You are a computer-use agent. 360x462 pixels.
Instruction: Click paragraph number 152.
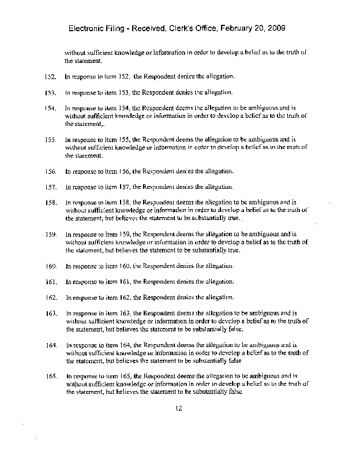[50, 76]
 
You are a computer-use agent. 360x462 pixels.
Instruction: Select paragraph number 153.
[50, 92]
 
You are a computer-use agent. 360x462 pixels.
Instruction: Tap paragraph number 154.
[50, 108]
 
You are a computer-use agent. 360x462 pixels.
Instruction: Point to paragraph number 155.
[50, 140]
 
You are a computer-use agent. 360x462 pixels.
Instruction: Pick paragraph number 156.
[50, 172]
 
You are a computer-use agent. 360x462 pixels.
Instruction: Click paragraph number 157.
[50, 187]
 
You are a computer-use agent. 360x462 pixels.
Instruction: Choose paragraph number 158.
[50, 203]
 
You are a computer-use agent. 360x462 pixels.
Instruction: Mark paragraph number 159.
[50, 234]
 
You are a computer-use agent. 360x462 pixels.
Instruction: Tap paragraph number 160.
[50, 266]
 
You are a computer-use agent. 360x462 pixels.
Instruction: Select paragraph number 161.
[50, 282]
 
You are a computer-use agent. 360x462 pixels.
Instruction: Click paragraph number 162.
[50, 298]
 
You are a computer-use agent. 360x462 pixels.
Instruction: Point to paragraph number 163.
[50, 314]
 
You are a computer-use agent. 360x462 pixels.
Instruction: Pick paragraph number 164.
[50, 345]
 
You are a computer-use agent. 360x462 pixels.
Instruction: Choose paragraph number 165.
[50, 376]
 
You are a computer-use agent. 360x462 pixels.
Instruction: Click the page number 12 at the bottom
[179, 408]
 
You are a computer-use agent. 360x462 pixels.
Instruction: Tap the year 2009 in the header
[271, 28]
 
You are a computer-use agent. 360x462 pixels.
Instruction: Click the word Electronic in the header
[88, 28]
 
